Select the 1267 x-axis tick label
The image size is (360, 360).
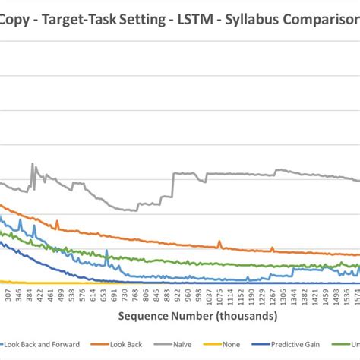pos(272,295)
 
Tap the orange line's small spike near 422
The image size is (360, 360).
pos(58,223)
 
